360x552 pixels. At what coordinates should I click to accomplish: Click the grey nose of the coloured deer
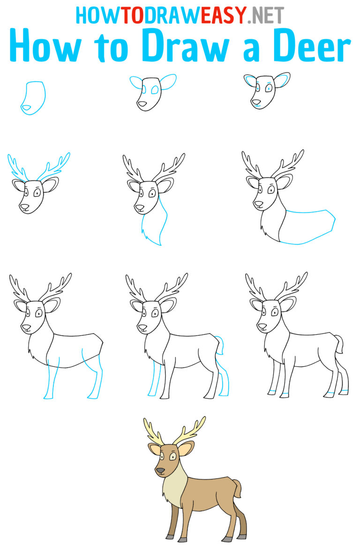[x=160, y=470]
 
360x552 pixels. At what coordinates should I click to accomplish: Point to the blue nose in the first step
[x=27, y=108]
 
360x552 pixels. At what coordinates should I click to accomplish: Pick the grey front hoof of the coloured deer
[x=170, y=536]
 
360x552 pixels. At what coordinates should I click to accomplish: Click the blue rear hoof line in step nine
[x=344, y=390]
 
